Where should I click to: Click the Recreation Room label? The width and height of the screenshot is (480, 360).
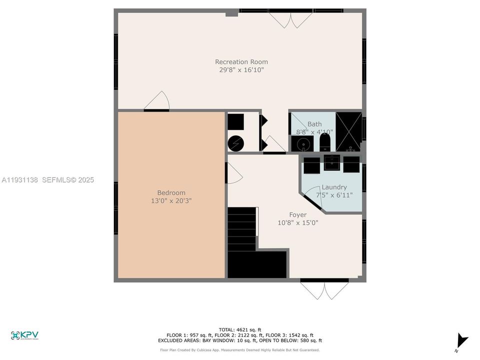tap(241, 62)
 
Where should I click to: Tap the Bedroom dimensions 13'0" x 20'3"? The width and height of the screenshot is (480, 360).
tap(171, 200)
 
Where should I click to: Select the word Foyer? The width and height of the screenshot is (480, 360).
tap(297, 215)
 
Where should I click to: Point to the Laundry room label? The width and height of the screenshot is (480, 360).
tap(334, 187)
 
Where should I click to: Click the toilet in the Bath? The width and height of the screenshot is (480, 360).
tap(325, 144)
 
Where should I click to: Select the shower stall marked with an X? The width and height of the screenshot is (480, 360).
tap(348, 131)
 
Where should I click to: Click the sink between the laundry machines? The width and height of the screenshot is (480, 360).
tap(331, 163)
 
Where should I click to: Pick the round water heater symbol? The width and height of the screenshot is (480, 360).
tap(235, 143)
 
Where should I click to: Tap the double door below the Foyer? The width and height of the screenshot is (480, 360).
tap(324, 289)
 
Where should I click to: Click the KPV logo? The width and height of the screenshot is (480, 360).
tap(24, 335)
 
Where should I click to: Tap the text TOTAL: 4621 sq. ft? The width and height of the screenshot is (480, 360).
tap(241, 329)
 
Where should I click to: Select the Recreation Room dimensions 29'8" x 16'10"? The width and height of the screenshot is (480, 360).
tap(241, 70)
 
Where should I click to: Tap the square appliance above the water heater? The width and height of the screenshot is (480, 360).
tap(235, 122)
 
